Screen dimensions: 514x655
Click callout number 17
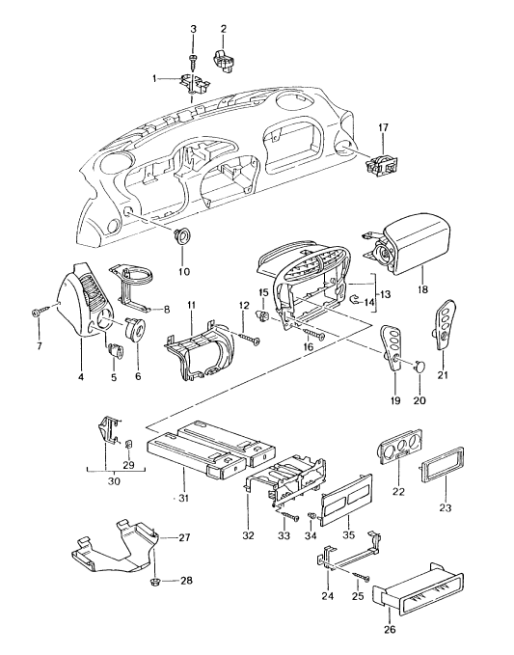click(x=383, y=128)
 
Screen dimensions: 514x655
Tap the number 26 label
click(x=391, y=629)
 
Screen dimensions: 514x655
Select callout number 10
click(x=184, y=271)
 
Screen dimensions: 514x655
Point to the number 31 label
click(x=184, y=498)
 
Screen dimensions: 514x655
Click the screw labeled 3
click(x=193, y=62)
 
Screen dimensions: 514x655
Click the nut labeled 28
click(x=155, y=582)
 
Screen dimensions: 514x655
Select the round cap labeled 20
click(x=419, y=367)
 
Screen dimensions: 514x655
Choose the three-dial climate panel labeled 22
click(x=400, y=446)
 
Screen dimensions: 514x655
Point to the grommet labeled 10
click(x=182, y=235)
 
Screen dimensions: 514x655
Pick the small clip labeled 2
click(x=224, y=61)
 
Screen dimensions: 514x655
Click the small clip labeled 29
click(x=129, y=443)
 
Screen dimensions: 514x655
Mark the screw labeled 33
click(x=290, y=515)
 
